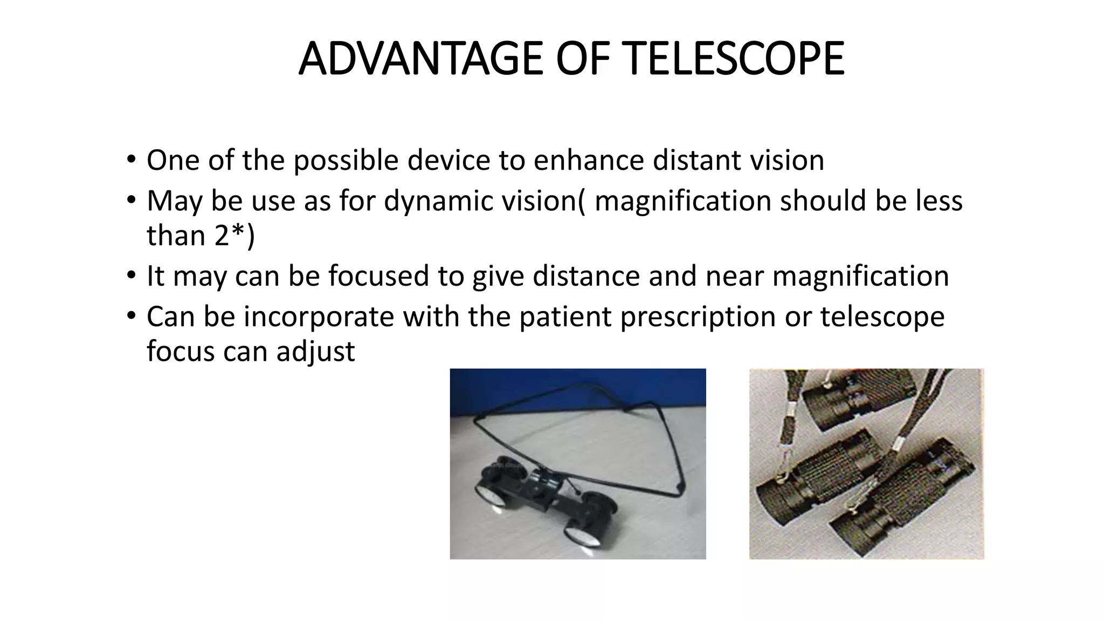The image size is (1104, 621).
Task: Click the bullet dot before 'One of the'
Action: click(131, 160)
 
